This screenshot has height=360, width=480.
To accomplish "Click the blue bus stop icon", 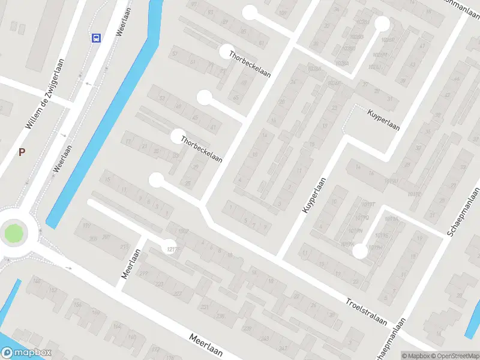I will pyautogui.click(x=96, y=38).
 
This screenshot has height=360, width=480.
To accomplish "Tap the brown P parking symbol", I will pyautogui.click(x=22, y=152).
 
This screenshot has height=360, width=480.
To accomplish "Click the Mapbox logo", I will pyautogui.click(x=26, y=353).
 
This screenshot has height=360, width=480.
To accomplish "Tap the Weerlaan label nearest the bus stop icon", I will pyautogui.click(x=124, y=22).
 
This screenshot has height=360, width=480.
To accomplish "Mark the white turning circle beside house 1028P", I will pyautogui.click(x=382, y=23).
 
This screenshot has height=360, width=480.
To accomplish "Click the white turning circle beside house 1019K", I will pyautogui.click(x=359, y=251).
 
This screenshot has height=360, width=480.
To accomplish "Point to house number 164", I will pyautogui.click(x=116, y=326).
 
